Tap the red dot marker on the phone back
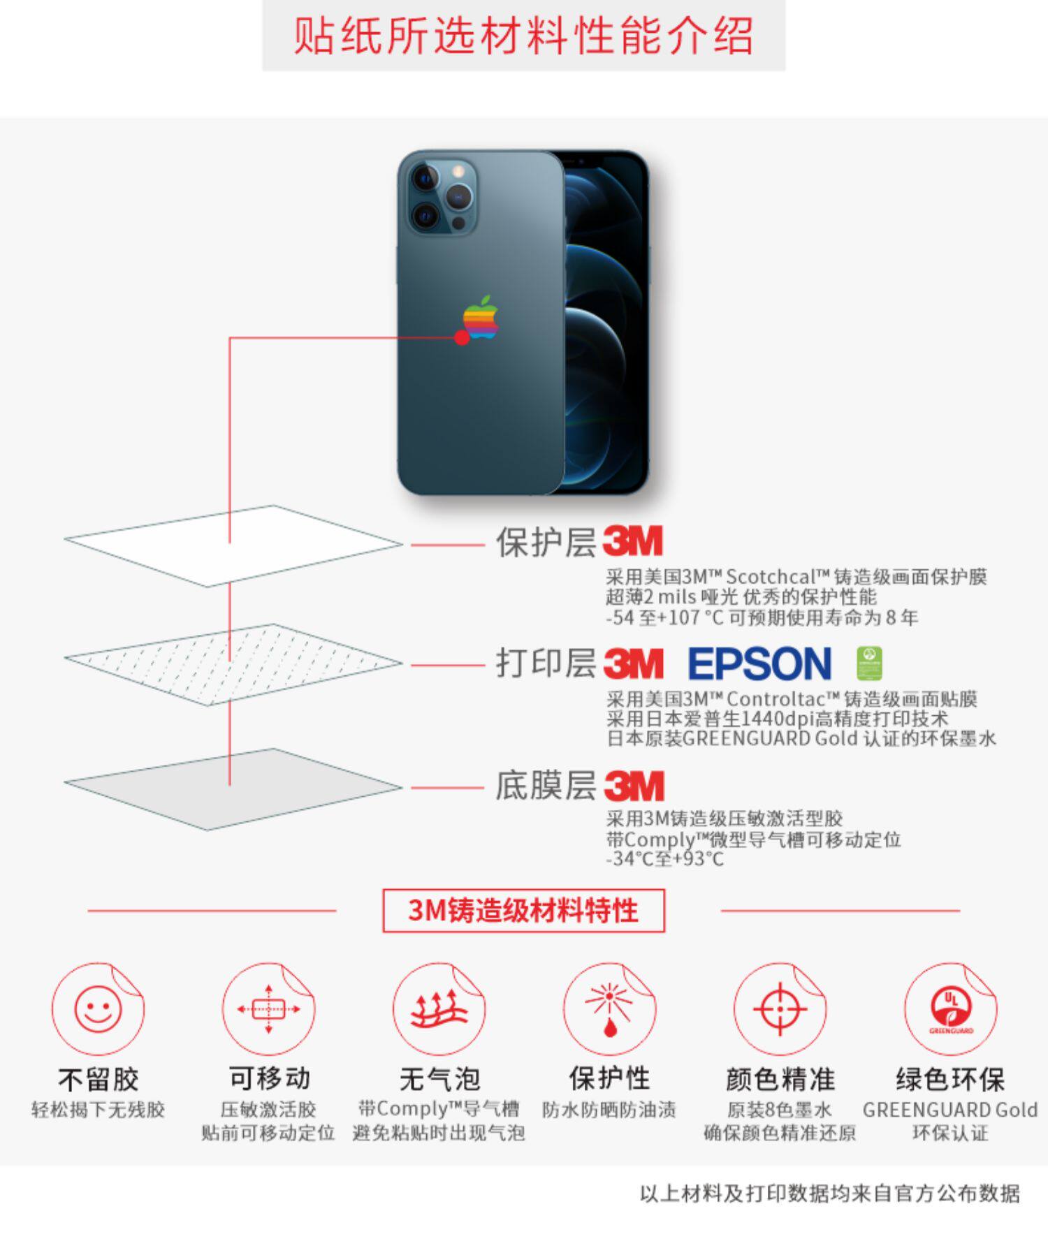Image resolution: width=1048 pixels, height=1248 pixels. (462, 338)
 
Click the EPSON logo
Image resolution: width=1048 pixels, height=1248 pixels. (759, 663)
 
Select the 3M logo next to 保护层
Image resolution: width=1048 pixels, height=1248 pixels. (632, 541)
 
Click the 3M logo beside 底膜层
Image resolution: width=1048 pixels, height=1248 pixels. (633, 786)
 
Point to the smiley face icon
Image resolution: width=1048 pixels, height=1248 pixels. (98, 1009)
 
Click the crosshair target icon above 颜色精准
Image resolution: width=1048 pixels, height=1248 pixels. (780, 1009)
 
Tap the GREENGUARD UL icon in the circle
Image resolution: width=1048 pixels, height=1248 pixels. (950, 1009)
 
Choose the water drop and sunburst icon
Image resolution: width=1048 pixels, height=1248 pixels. (609, 1009)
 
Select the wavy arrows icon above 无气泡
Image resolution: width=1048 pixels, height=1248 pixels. (438, 1009)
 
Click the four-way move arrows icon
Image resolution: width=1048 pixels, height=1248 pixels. (268, 1009)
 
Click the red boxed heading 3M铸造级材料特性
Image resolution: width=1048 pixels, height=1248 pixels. (523, 911)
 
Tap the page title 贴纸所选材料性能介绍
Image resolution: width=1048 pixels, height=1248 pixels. (523, 35)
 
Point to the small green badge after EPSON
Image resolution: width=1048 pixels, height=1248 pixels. (868, 663)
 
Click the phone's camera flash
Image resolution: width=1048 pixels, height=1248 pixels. (458, 170)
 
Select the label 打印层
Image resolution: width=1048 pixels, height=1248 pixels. (545, 663)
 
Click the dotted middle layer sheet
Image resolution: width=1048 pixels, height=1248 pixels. (233, 664)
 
